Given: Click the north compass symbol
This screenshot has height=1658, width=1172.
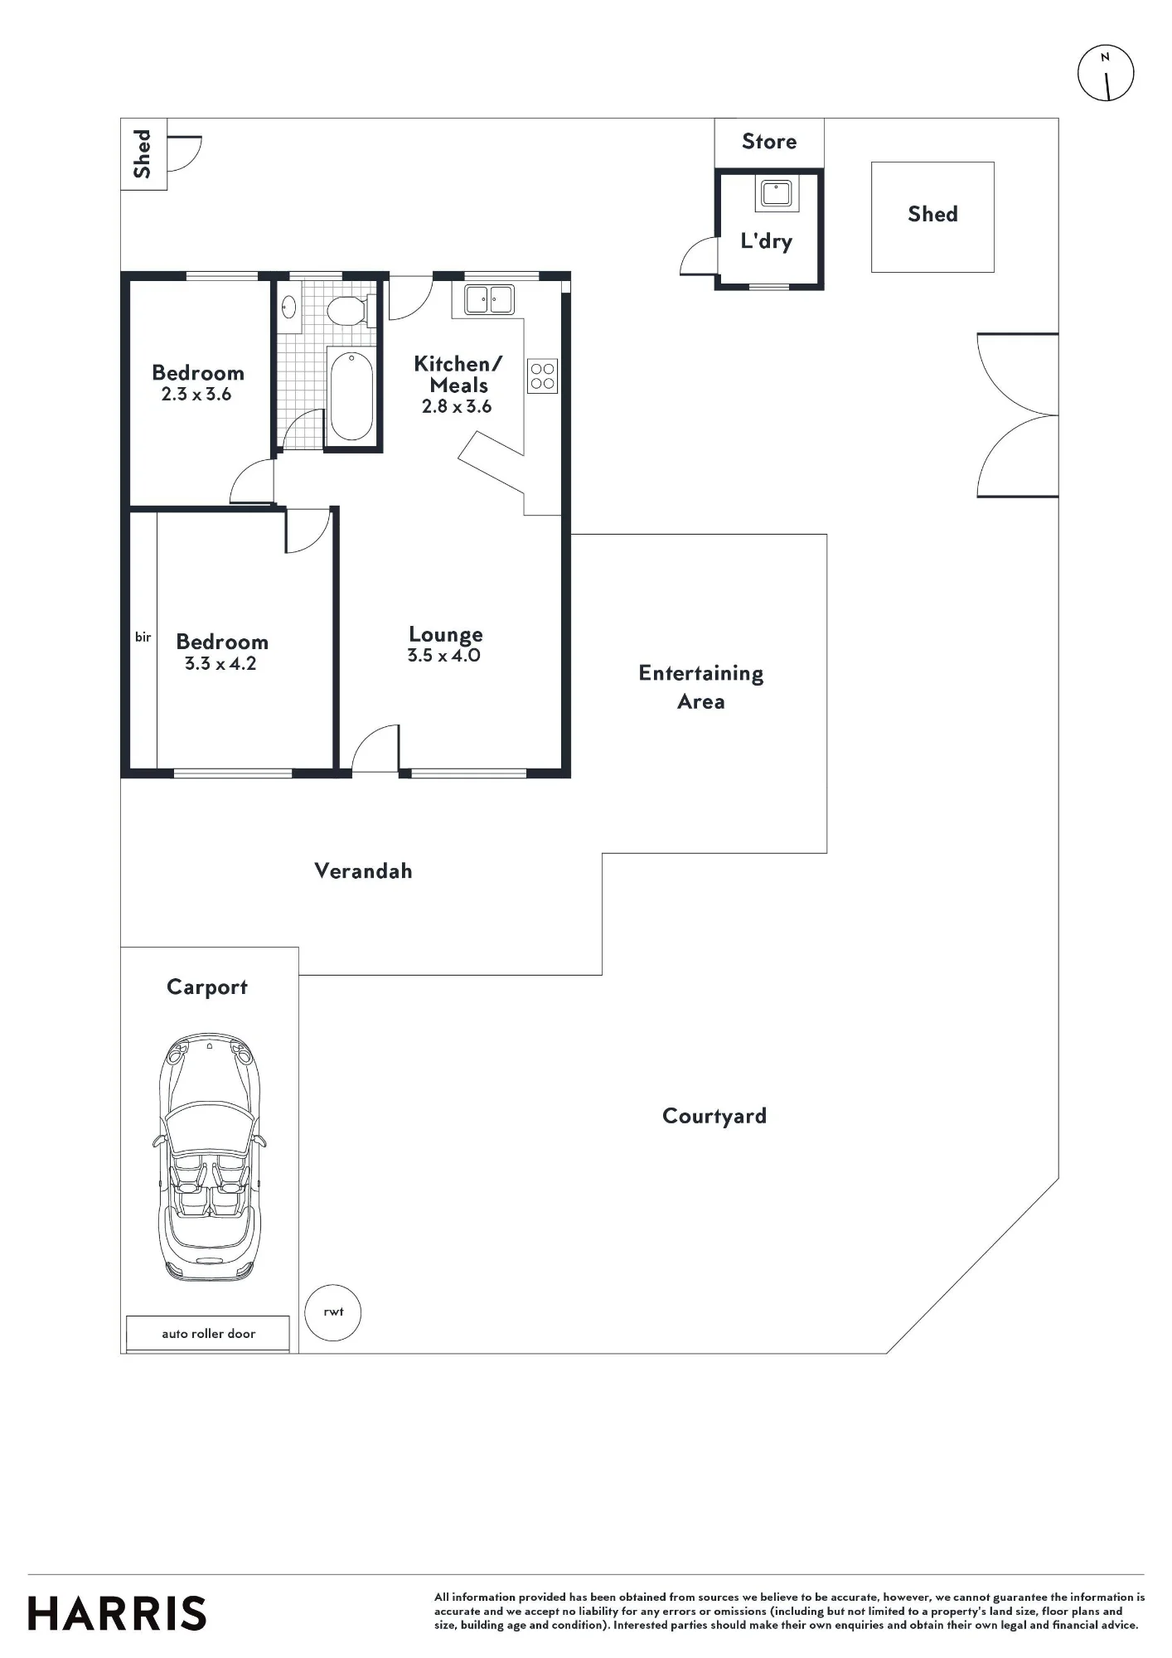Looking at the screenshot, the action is click(1106, 73).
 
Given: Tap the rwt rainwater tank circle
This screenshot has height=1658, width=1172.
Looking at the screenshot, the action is click(333, 1312).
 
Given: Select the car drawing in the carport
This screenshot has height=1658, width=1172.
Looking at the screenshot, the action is click(209, 1157).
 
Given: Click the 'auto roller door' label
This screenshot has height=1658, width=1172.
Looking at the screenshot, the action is click(209, 1334).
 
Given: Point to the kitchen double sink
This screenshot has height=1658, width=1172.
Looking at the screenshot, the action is click(489, 299).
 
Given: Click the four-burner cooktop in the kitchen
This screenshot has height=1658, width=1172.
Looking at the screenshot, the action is click(543, 376).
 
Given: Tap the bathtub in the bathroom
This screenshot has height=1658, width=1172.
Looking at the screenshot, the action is click(351, 396).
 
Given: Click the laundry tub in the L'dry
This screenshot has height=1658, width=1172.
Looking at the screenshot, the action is click(776, 194).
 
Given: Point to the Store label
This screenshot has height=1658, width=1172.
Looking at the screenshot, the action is click(769, 142).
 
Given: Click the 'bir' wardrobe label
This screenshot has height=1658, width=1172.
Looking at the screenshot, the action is click(143, 637).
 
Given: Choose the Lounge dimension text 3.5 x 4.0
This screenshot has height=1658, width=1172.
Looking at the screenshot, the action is click(444, 656).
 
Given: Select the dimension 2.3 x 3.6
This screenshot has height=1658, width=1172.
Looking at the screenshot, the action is click(196, 395).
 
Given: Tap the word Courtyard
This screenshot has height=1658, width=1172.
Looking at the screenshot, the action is click(714, 1116).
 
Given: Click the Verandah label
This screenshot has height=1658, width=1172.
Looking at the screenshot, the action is click(363, 870).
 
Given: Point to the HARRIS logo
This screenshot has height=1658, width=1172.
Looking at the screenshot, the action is click(117, 1613).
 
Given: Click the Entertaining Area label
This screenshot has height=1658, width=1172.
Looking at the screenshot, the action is click(701, 687).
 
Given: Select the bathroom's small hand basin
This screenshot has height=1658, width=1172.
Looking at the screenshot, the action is click(289, 308).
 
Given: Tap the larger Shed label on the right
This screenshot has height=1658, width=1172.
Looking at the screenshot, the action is click(932, 214).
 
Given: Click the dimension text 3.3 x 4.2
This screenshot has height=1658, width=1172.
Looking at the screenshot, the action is click(220, 664).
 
